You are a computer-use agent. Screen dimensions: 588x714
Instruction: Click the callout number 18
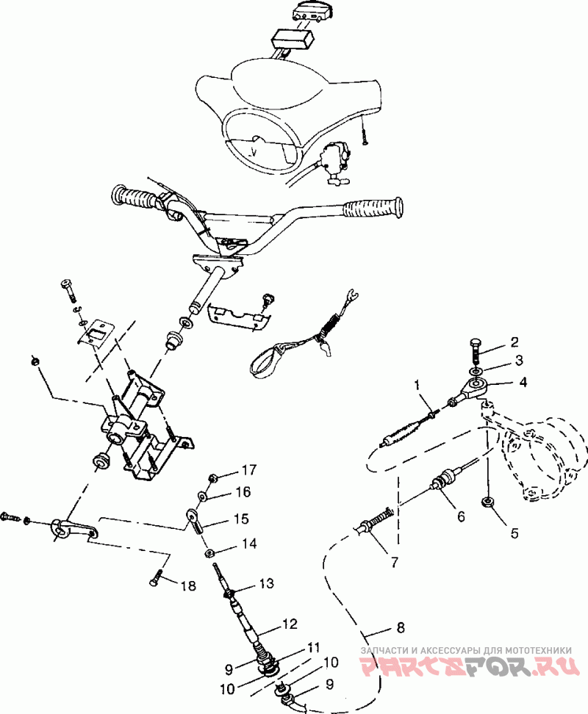point(187,585)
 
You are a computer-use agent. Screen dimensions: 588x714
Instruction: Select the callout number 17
point(248,469)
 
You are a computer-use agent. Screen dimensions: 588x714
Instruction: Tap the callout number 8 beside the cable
point(401,627)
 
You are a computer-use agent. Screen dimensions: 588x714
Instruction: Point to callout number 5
point(514,533)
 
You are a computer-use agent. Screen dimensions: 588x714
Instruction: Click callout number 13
point(267,583)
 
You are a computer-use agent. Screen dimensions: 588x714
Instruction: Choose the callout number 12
point(290,624)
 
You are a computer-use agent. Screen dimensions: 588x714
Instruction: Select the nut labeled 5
point(487,502)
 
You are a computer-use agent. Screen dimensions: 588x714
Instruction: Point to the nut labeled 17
point(212,478)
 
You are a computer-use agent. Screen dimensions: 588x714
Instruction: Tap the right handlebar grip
point(373,209)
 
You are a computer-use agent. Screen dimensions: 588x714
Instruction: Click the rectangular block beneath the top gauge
point(293,39)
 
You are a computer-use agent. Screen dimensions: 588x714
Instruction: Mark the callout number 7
point(394,563)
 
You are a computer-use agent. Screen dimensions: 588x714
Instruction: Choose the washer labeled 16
point(203,495)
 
